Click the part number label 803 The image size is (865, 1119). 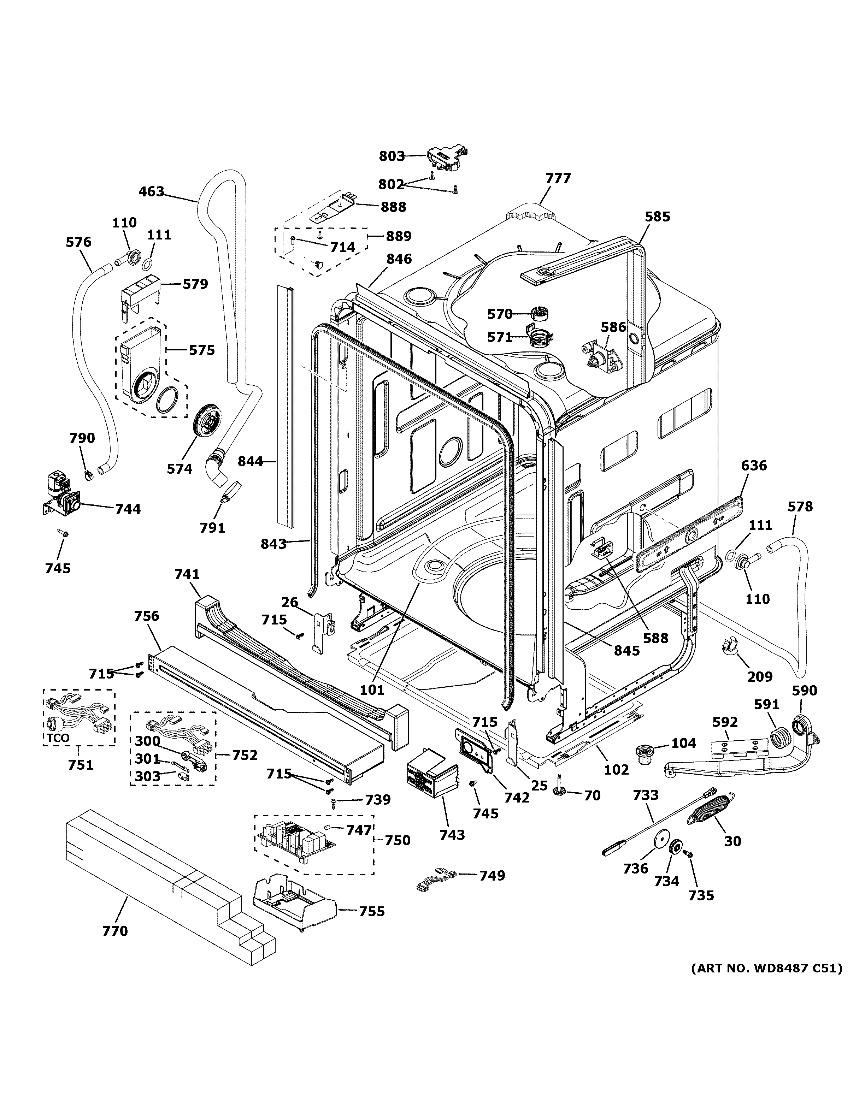(x=392, y=156)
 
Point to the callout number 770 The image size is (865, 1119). (x=115, y=931)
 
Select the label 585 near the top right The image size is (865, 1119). (x=657, y=217)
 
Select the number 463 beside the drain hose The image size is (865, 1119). (x=151, y=192)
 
